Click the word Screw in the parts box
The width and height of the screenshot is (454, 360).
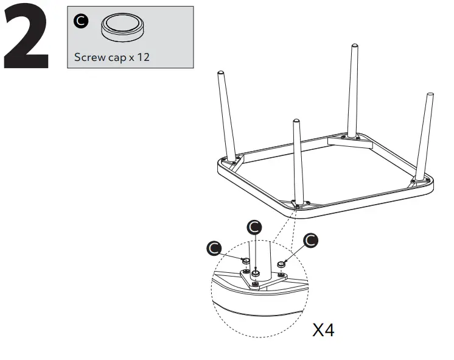[x=88, y=58]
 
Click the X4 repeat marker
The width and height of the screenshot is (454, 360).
[x=323, y=331]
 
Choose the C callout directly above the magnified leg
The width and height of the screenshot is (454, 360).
[x=256, y=227]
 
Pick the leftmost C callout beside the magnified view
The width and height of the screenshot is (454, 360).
[x=214, y=248]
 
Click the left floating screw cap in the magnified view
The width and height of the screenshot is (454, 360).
[x=246, y=261]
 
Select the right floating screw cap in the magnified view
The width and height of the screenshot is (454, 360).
[x=282, y=264]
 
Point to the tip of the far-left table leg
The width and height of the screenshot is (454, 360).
[x=220, y=74]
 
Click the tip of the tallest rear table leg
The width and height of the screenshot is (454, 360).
[x=353, y=47]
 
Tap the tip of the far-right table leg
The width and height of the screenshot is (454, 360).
[x=431, y=96]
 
